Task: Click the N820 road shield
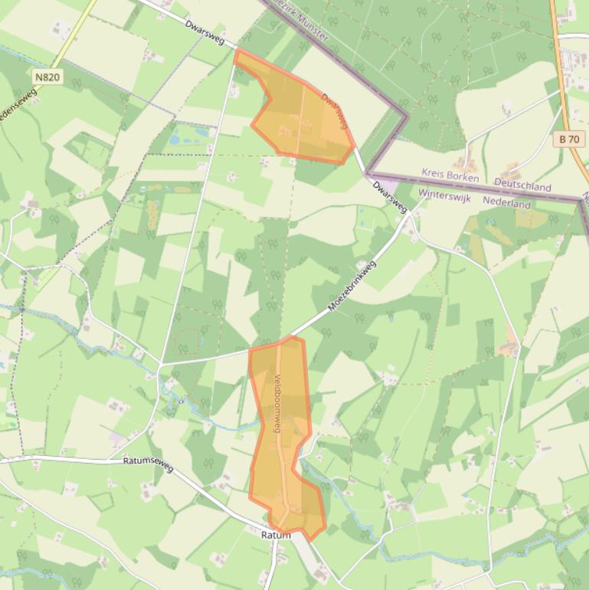(47, 77)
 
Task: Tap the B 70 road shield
(569, 139)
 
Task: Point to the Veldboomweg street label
(277, 397)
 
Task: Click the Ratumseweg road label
(148, 464)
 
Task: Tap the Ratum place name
(276, 535)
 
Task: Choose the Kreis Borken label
(450, 175)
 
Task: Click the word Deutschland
(522, 185)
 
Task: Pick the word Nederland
(506, 204)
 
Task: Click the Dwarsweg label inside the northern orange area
(335, 111)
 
